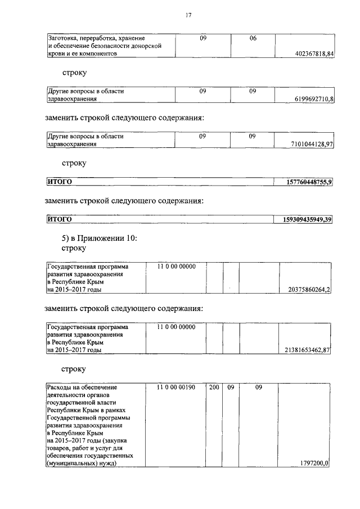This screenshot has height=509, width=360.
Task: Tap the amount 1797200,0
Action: tap(315, 463)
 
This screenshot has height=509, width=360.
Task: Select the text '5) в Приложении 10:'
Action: tap(99, 238)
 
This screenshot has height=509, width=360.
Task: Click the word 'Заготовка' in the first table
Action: tap(64, 38)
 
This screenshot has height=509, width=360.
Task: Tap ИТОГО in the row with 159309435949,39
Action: tap(59, 219)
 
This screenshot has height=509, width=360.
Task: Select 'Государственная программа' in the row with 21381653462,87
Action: tap(87, 327)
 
